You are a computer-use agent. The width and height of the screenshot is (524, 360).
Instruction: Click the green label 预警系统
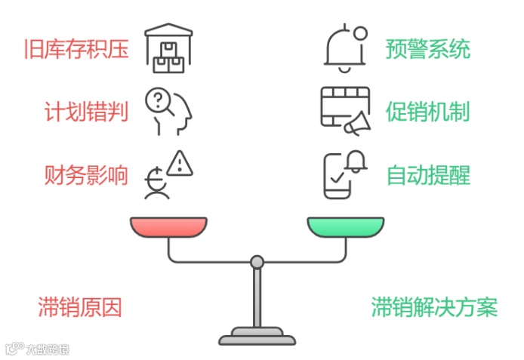(428, 50)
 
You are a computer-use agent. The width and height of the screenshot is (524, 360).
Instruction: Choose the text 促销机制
(428, 112)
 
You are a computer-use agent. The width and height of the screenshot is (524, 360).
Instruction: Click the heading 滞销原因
(80, 307)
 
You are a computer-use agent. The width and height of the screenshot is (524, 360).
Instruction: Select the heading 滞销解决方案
(434, 307)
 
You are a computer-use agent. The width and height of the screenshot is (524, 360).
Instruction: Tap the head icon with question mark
(168, 112)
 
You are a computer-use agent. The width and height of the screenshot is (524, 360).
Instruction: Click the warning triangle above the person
(179, 162)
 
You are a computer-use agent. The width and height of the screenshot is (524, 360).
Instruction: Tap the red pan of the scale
(168, 226)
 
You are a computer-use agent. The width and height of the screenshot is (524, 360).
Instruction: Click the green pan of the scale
(345, 226)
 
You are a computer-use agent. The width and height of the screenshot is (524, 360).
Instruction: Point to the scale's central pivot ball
(257, 262)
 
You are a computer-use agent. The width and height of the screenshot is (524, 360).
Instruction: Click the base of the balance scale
(257, 334)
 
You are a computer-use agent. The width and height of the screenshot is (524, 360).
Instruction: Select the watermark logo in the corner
(38, 349)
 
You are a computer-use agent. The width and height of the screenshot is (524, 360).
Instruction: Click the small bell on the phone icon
(356, 161)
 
